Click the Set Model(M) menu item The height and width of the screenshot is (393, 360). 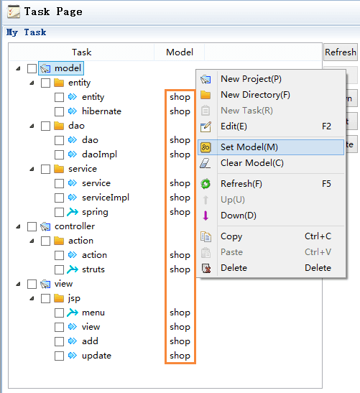point(271,147)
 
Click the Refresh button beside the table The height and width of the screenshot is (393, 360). point(341,52)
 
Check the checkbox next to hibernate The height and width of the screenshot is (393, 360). point(59,111)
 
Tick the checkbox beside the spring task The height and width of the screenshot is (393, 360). point(59,212)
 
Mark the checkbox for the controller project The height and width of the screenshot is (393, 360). point(32,226)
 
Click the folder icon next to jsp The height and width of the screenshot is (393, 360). point(59,298)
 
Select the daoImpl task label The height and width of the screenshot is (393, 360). point(100,154)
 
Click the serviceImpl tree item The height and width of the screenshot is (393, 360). point(106,198)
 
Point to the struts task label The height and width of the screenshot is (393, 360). point(93,269)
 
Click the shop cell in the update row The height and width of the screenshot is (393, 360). point(180,356)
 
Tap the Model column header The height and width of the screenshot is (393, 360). point(180,52)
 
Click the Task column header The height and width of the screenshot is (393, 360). point(82,52)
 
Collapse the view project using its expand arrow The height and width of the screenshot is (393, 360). point(18,284)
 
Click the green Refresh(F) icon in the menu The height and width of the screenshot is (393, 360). point(206,184)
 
